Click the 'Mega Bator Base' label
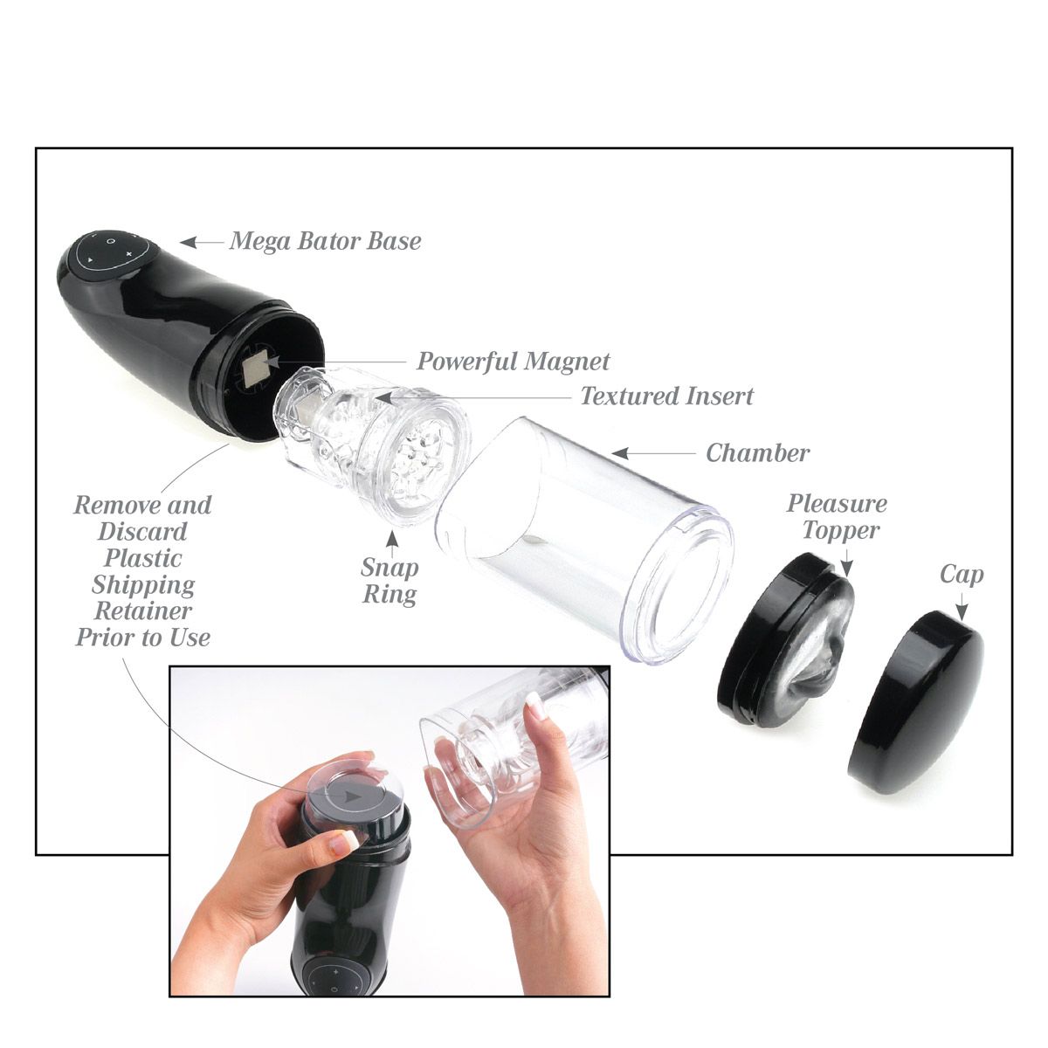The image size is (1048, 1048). tap(325, 241)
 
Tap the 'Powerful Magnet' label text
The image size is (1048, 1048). tap(513, 362)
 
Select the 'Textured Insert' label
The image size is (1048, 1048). tap(666, 396)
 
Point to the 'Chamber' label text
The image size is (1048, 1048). tap(757, 452)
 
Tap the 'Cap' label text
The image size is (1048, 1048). tap(962, 575)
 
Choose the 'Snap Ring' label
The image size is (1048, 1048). tap(390, 582)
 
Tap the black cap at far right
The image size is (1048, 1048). tap(916, 703)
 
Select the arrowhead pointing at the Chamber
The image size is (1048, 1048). tap(620, 452)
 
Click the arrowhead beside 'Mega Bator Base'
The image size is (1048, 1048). tap(189, 242)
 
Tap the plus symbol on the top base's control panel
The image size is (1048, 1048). tap(129, 254)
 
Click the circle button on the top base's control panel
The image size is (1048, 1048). tap(111, 240)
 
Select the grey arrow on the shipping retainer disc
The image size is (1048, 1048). tap(353, 796)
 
